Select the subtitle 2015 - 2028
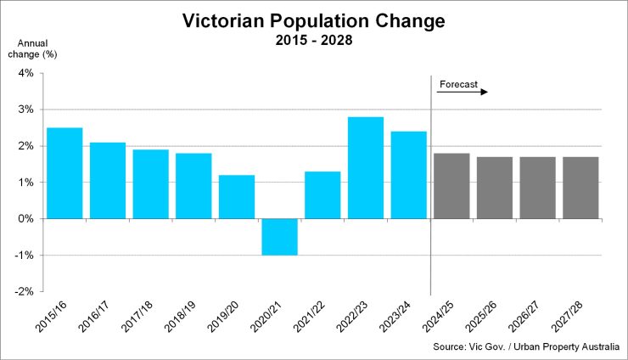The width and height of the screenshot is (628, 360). pyautogui.click(x=314, y=40)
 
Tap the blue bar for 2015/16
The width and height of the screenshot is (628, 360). pyautogui.click(x=64, y=173)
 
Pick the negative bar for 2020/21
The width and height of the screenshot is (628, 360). pyautogui.click(x=279, y=237)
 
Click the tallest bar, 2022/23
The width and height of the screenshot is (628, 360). pyautogui.click(x=366, y=167)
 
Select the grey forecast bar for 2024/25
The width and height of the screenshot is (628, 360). pyautogui.click(x=451, y=186)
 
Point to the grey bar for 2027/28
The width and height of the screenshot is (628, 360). pyautogui.click(x=580, y=188)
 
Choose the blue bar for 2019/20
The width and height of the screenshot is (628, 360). pyautogui.click(x=237, y=197)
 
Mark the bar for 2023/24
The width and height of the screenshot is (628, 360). pyautogui.click(x=408, y=175)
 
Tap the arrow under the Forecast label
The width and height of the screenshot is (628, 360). pyautogui.click(x=463, y=92)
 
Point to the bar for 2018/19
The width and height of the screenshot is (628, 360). pyautogui.click(x=193, y=186)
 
